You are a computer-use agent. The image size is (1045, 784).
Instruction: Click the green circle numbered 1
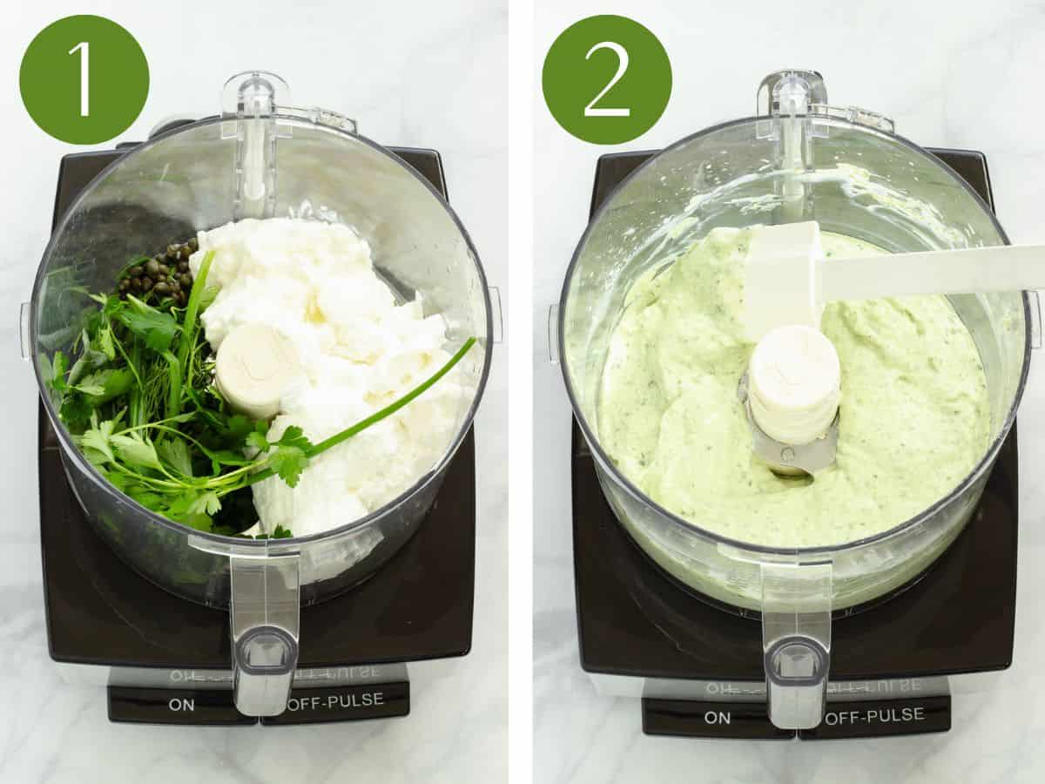coord(84,79)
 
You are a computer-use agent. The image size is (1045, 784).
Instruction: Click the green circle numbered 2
coord(607,79)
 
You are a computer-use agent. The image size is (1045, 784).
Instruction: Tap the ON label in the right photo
coord(717,718)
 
